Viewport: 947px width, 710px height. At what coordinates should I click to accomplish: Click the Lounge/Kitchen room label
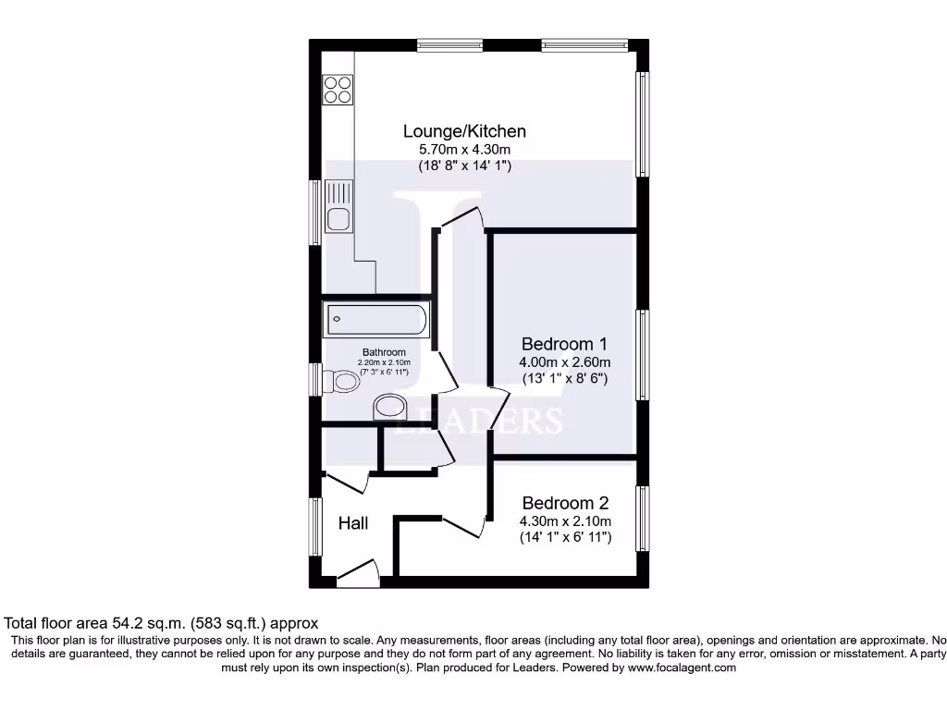click(x=464, y=131)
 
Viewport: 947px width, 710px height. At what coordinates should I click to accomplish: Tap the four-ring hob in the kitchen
click(x=338, y=90)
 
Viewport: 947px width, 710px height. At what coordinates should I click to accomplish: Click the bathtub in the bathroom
click(x=375, y=320)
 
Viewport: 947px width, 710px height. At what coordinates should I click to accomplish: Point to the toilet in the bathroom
click(x=344, y=381)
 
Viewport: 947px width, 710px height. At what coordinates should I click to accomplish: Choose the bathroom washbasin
click(x=389, y=407)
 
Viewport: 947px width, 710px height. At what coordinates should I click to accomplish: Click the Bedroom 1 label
click(x=564, y=343)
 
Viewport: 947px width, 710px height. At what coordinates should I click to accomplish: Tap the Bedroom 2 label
click(x=565, y=503)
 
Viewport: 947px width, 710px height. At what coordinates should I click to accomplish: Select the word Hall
click(x=353, y=523)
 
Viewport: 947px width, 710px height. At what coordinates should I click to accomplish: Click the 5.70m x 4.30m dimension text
click(x=464, y=150)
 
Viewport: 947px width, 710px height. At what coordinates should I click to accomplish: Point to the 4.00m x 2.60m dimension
click(x=564, y=362)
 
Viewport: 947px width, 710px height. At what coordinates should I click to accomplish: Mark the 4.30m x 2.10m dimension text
click(x=565, y=521)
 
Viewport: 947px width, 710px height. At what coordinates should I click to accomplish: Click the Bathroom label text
click(x=384, y=352)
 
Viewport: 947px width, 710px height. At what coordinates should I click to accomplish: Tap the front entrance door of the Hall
click(x=359, y=573)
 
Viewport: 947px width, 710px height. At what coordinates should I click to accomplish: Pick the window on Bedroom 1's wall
click(x=642, y=355)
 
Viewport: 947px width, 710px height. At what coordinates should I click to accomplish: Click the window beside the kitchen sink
click(x=315, y=212)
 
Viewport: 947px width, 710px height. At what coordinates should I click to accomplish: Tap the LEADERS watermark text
click(x=478, y=421)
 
